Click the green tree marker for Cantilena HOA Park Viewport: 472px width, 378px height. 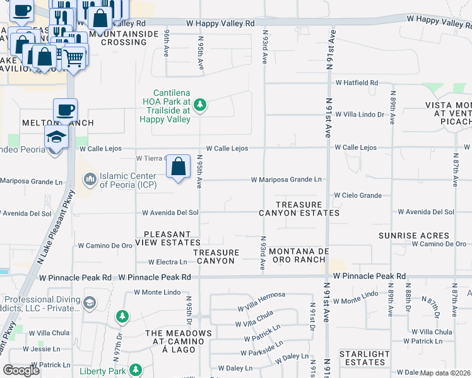pos(200,105)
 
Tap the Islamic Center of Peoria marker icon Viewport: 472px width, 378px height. pos(90,181)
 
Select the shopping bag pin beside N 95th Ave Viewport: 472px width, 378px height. pos(179,168)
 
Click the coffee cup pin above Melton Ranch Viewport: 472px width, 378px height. pos(65,111)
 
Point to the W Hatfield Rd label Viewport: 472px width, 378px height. pos(356,83)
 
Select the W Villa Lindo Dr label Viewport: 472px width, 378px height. pos(359,114)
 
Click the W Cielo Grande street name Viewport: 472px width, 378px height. pos(357,196)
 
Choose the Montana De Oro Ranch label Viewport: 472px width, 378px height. pos(298,256)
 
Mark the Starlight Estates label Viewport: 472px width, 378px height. pos(364,358)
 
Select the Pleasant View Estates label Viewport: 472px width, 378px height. pos(172,238)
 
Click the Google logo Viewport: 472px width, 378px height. pos(21,370)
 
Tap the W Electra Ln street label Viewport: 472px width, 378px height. pos(167,261)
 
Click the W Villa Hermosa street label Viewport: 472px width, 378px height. pos(261,295)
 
